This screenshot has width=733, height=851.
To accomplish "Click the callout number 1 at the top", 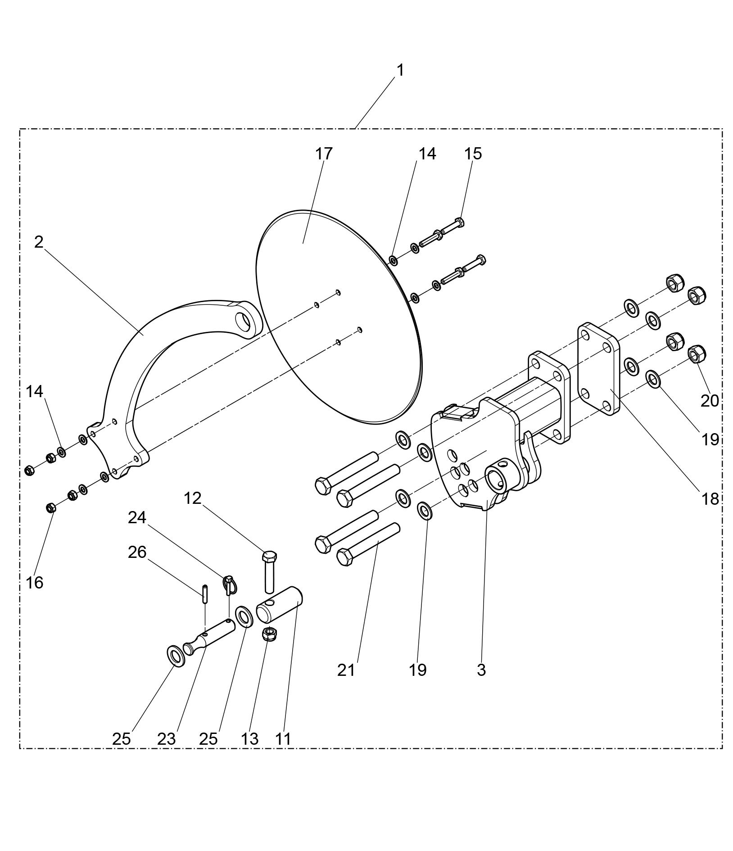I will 400,70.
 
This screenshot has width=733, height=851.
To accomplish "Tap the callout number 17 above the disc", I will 323,154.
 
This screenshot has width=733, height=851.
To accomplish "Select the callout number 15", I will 473,154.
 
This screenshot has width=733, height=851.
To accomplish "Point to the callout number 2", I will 39,242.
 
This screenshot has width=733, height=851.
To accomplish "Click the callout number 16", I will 35,583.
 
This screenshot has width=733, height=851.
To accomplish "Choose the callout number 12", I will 192,498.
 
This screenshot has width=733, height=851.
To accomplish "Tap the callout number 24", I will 137,518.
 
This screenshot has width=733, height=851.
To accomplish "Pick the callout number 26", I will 137,552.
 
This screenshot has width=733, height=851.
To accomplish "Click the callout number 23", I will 166,739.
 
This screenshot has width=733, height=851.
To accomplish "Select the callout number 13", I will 249,739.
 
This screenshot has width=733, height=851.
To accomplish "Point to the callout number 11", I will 283,739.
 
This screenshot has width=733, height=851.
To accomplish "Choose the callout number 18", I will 710,499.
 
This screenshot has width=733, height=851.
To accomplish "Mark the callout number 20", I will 710,401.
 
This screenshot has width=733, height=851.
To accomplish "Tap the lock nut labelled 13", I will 269,634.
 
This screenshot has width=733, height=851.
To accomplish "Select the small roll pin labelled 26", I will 205,593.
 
